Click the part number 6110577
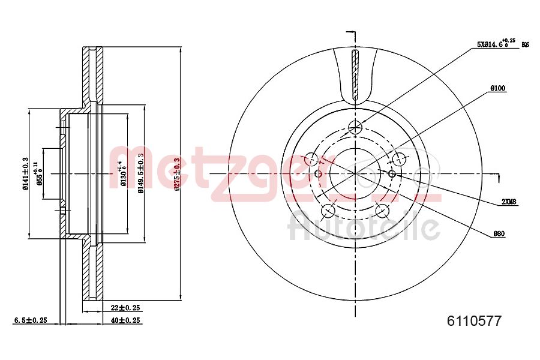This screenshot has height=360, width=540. coord(474,321)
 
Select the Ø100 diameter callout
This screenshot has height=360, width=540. coord(497,88)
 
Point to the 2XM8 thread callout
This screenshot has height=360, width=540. coord(509,202)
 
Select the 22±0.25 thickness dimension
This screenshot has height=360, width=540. coord(125,308)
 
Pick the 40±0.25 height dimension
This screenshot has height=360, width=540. coord(125,320)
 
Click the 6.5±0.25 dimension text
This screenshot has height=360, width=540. coord(30,320)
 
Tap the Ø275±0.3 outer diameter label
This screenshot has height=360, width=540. coord(176,174)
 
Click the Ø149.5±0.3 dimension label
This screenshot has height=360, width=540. coord(141,173)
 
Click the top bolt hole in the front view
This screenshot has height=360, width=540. coord(355,127)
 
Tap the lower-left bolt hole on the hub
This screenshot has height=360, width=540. coord(328,211)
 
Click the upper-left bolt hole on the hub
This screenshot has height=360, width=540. coord(311,159)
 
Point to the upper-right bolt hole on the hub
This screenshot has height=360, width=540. coord(398,159)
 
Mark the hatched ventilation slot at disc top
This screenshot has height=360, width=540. coord(355,74)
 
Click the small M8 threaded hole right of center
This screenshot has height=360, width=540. coord(392,173)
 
